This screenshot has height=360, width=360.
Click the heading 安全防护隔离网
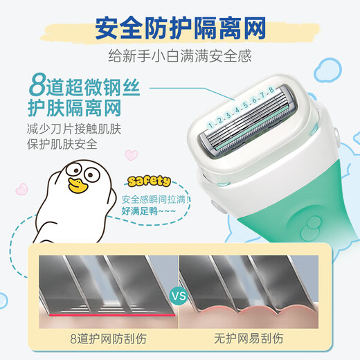179,30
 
